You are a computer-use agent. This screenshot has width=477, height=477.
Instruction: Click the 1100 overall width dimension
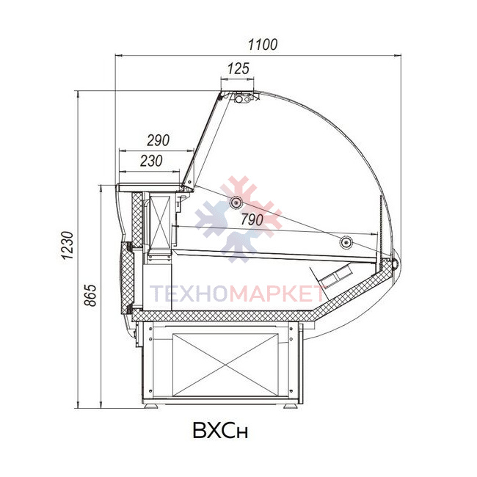(263, 45)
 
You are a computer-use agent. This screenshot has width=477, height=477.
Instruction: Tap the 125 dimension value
(238, 68)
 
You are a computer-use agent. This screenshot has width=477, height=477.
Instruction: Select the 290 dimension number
(159, 140)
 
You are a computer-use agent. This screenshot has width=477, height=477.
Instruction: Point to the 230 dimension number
(151, 161)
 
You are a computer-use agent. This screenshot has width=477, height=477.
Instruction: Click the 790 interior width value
(252, 219)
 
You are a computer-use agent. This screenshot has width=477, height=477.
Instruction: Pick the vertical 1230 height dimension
(68, 245)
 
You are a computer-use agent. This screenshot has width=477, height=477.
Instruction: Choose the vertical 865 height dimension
(90, 295)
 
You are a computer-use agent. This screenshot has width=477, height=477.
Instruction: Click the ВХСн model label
(220, 430)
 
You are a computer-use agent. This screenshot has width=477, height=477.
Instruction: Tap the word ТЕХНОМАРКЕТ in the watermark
(238, 294)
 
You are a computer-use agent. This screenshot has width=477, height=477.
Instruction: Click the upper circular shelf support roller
(236, 202)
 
